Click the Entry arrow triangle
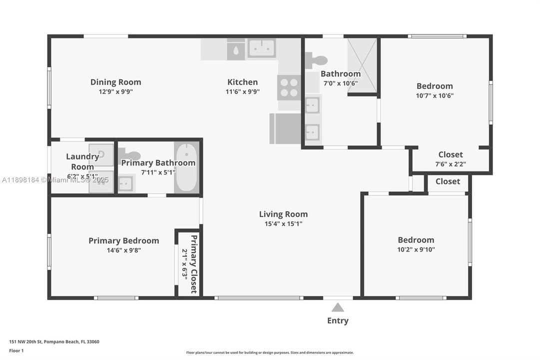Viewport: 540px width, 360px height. pyautogui.click(x=338, y=307)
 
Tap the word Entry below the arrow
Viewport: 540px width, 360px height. pyautogui.click(x=338, y=321)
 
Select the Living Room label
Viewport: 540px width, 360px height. pyautogui.click(x=283, y=214)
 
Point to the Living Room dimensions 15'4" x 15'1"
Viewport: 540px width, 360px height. pyautogui.click(x=283, y=224)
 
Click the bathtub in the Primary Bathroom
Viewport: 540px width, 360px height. pyautogui.click(x=186, y=167)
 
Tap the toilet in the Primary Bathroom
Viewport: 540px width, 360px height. pyautogui.click(x=129, y=155)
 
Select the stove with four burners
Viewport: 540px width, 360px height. pyautogui.click(x=289, y=87)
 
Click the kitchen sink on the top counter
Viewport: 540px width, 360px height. pyautogui.click(x=261, y=48)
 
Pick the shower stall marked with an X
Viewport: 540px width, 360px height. pyautogui.click(x=362, y=65)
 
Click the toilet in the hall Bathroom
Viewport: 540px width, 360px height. pyautogui.click(x=315, y=60)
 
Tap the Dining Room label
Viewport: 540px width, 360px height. pyautogui.click(x=115, y=82)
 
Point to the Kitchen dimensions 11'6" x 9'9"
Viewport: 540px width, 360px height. pyautogui.click(x=242, y=92)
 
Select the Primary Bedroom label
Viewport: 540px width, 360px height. pyautogui.click(x=123, y=240)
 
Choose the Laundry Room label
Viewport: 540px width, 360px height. pyautogui.click(x=82, y=161)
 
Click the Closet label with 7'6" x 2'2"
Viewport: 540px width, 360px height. pyautogui.click(x=450, y=154)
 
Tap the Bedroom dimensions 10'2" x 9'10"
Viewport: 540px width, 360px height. pyautogui.click(x=416, y=249)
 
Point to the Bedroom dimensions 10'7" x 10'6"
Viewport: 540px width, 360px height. pyautogui.click(x=435, y=95)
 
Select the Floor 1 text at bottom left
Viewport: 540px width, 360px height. pyautogui.click(x=16, y=351)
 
